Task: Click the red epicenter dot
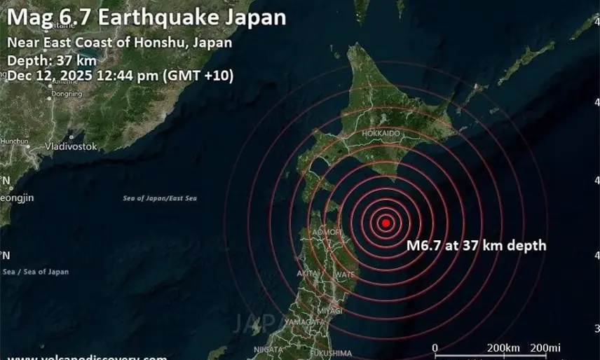[385, 223]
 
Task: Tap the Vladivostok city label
[71, 146]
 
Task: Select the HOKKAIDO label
[381, 133]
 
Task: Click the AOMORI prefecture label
[327, 231]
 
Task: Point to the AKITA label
[306, 272]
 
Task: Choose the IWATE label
[345, 273]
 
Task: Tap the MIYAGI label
[329, 310]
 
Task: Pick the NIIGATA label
[268, 349]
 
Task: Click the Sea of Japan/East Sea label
[160, 199]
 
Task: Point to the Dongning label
[67, 93]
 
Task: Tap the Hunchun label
[14, 141]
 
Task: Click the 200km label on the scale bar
[503, 347]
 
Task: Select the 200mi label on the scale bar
[545, 347]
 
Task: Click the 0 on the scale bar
[435, 347]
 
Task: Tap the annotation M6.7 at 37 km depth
[476, 245]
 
